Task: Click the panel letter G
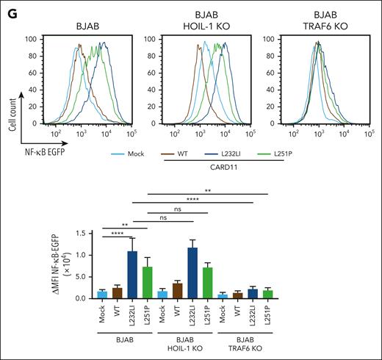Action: [x=8, y=8]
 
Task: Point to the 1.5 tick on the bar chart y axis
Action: [x=104, y=233]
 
